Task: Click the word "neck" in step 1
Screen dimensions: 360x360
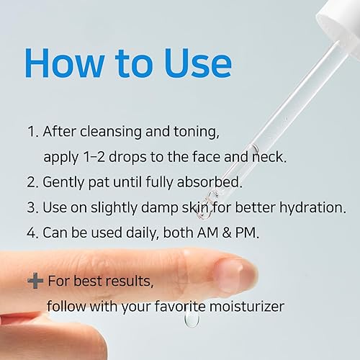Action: [x=253, y=156]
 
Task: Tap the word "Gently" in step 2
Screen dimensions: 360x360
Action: [x=66, y=182]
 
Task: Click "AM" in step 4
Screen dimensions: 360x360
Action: [x=218, y=233]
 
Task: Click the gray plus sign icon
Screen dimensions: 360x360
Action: [x=35, y=281]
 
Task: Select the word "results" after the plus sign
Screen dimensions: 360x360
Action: [x=132, y=281]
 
